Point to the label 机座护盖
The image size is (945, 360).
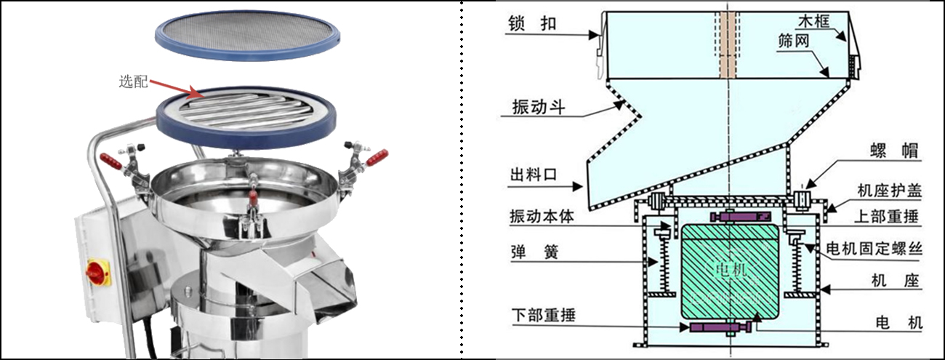coord(889,191)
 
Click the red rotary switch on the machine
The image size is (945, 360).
coord(96,272)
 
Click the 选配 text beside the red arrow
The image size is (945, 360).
coord(132,81)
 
